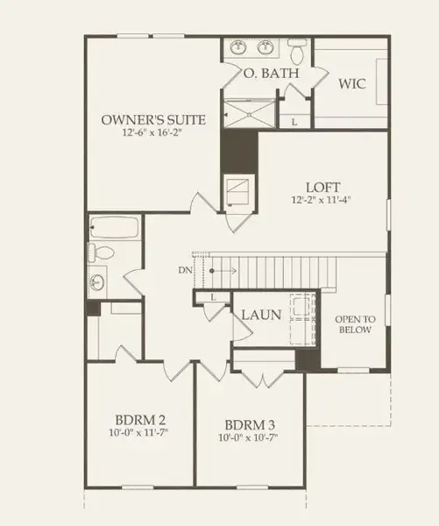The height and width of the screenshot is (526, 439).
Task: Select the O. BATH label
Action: [x=271, y=75]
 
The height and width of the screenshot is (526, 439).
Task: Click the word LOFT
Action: [x=322, y=187]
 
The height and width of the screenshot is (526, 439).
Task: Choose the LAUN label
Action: [x=260, y=314]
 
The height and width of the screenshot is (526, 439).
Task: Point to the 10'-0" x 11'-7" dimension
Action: [x=139, y=432]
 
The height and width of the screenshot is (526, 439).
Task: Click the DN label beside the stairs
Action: [x=183, y=270]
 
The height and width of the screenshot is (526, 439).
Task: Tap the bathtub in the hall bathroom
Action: [x=114, y=228]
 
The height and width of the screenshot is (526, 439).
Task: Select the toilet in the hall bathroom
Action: [x=101, y=254]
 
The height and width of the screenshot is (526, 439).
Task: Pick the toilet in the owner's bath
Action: [x=295, y=54]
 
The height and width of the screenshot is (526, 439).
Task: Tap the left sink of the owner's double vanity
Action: [x=237, y=47]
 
